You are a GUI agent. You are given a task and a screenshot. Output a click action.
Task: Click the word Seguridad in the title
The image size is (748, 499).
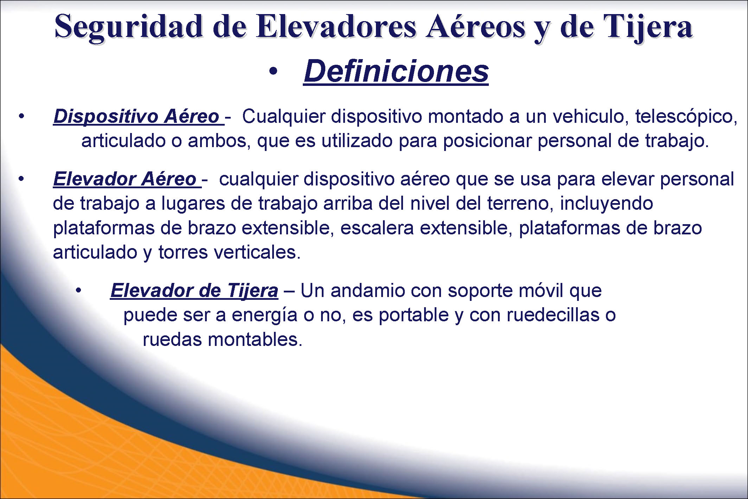[129, 28]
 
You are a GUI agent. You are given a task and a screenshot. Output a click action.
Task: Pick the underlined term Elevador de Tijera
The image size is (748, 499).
[194, 291]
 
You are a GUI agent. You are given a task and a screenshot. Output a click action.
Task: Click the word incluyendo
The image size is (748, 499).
[606, 204]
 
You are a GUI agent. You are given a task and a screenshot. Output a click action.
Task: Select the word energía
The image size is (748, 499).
[264, 315]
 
